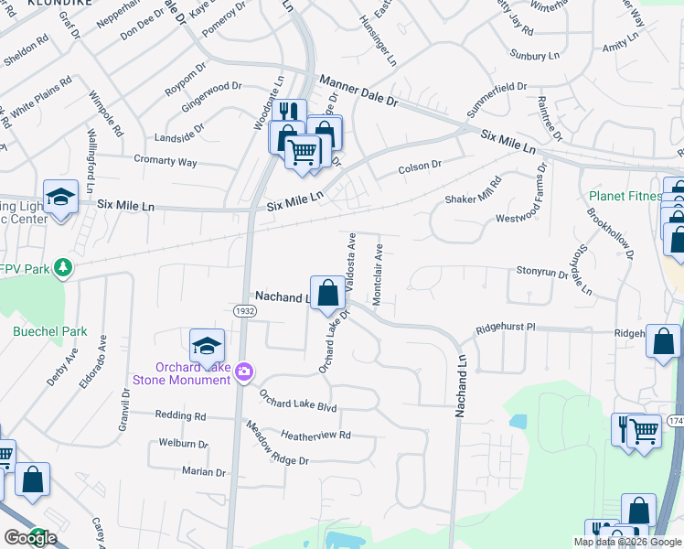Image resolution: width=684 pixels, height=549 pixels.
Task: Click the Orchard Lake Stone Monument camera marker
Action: pos(244,371)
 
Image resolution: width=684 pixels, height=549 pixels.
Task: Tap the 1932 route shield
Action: pos(262,312)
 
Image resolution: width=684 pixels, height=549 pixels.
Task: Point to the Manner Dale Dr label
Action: pos(358,91)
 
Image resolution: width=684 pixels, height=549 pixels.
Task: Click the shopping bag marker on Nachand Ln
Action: pos(327,293)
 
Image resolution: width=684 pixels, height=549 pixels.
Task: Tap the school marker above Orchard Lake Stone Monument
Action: pos(208,346)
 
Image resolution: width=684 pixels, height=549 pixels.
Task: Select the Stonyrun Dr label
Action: pos(541,272)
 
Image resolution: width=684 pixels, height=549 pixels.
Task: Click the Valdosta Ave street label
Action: pos(352,259)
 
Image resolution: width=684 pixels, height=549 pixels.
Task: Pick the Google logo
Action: pos(30,538)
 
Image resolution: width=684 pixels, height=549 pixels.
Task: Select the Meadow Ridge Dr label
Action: pos(277,444)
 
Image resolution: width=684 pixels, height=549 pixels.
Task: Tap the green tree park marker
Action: pos(62,267)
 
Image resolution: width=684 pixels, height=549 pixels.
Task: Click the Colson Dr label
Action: pos(420,167)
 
